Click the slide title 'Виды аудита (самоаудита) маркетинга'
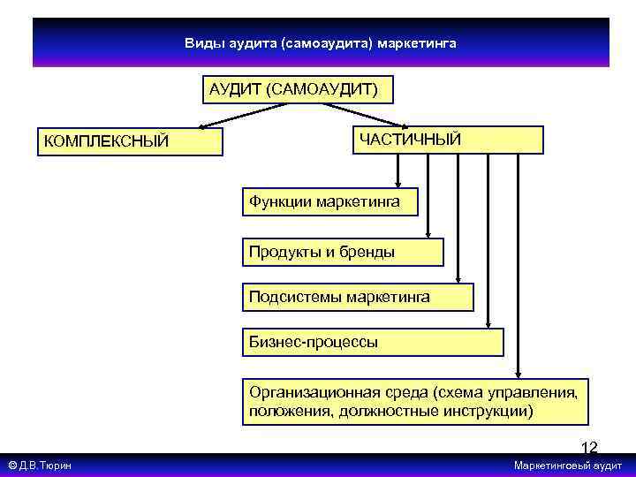321,42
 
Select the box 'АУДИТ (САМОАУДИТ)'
298,90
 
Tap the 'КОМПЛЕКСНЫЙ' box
130,141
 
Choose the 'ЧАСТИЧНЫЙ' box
448,140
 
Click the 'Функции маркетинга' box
324,202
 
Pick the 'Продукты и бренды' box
343,252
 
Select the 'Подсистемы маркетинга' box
357,297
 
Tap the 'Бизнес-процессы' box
371,342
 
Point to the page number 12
589,447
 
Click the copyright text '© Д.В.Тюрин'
41,466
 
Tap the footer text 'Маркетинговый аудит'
568,466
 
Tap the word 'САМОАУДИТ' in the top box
331,90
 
